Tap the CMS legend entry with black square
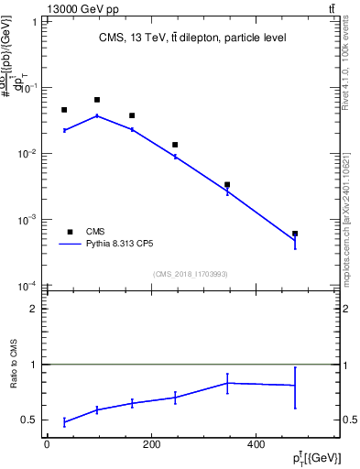[95, 232]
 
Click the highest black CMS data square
[97, 100]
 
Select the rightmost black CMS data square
[295, 234]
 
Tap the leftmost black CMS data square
[64, 110]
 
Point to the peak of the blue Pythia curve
[97, 115]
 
